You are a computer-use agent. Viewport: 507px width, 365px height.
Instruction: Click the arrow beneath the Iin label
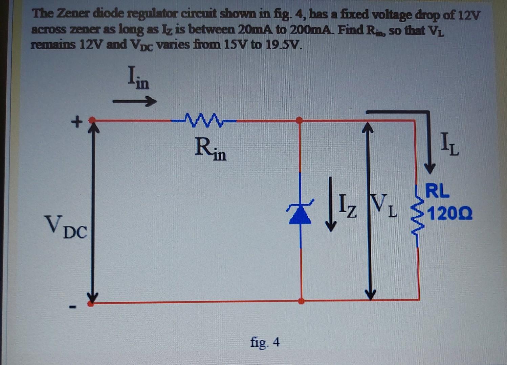coord(134,101)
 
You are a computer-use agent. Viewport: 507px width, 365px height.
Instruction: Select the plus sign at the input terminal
coord(78,121)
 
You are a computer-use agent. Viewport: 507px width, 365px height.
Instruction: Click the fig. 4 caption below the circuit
coord(265,342)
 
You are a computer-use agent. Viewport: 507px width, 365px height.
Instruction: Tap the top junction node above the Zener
coord(300,120)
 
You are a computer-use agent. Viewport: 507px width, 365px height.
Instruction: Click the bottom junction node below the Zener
coord(301,300)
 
